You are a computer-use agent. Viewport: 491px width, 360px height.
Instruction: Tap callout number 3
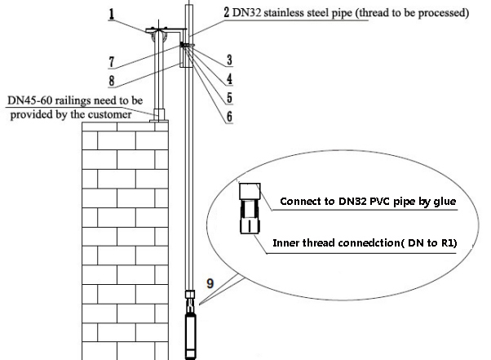click(230, 59)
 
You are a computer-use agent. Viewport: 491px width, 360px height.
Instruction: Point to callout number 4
click(230, 79)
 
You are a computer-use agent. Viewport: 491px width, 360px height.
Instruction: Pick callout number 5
click(230, 97)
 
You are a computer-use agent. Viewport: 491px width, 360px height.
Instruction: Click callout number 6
click(230, 116)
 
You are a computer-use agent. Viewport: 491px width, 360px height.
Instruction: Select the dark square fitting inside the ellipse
click(250, 193)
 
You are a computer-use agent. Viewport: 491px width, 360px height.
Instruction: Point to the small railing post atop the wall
click(159, 115)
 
